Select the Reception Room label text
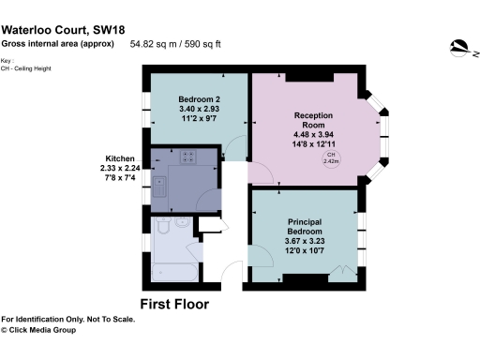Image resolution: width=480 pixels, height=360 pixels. click(x=314, y=121)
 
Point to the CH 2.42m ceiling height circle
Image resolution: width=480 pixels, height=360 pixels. click(x=331, y=158)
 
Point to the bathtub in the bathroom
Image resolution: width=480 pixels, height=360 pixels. click(x=170, y=272)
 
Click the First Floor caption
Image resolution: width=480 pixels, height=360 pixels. click(x=174, y=304)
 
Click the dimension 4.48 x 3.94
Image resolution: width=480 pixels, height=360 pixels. click(x=314, y=133)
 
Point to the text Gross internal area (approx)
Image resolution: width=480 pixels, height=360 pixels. click(x=57, y=43)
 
